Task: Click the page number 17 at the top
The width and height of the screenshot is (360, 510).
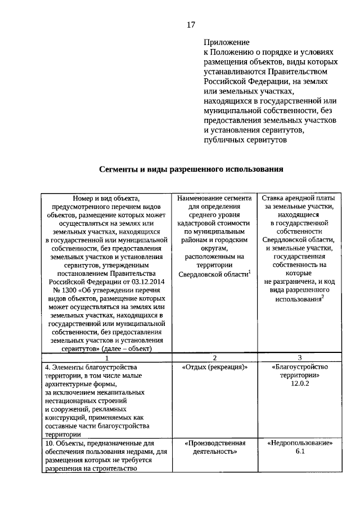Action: [191, 25]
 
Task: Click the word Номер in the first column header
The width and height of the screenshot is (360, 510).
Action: [83, 198]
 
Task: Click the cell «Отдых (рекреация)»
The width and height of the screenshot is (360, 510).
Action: [215, 366]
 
